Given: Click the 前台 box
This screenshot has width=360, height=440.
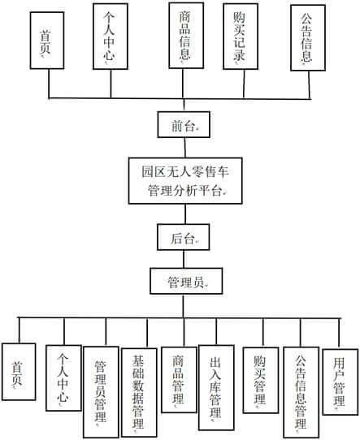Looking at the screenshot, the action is [x=184, y=124].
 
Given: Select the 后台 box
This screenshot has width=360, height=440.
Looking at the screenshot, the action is [x=183, y=237].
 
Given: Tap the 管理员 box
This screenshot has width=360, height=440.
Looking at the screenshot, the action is [x=186, y=281].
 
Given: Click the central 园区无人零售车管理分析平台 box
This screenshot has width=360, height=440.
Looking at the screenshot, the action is [x=185, y=181].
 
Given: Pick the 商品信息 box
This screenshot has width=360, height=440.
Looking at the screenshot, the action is [x=186, y=36].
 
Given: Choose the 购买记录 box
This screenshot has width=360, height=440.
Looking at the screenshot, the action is [x=241, y=37].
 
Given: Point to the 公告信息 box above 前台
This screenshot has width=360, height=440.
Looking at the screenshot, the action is [x=308, y=37].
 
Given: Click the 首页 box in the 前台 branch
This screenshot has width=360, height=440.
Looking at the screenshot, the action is [x=47, y=41].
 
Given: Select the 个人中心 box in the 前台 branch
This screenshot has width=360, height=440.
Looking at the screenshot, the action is [x=111, y=37].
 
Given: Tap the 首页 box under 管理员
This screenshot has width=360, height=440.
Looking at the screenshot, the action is [x=19, y=372].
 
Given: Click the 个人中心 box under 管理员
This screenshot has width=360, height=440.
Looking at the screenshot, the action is [x=63, y=378].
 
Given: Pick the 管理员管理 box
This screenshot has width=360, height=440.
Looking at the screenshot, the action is [x=101, y=392].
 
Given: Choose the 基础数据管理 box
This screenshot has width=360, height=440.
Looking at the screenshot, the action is [x=139, y=393].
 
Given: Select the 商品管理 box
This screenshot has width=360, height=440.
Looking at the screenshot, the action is [x=179, y=380].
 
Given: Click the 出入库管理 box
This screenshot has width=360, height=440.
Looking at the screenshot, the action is [x=216, y=387].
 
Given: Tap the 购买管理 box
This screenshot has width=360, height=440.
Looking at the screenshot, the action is [x=261, y=380].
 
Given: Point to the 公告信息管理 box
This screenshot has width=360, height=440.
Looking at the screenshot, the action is [x=301, y=392].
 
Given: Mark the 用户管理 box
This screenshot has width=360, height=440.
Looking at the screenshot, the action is [x=340, y=382].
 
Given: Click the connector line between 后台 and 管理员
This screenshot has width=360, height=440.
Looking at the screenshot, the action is [x=184, y=259].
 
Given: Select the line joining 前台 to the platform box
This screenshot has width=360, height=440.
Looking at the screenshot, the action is [x=184, y=148].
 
